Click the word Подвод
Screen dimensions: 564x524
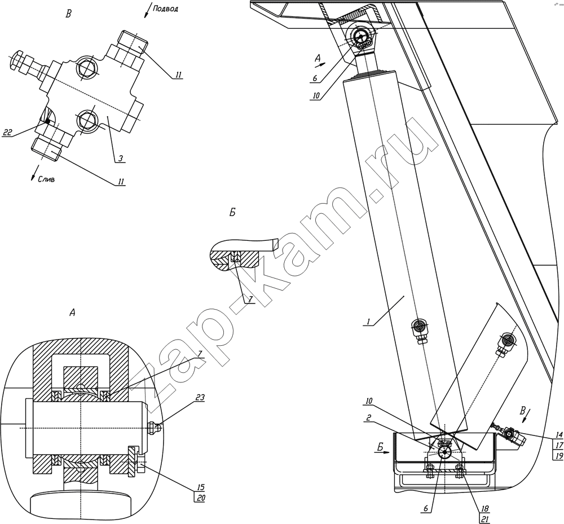pos(165,8)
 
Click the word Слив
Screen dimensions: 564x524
pos(46,179)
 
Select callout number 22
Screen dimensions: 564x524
pos(7,133)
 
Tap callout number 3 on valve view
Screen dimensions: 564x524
pos(121,158)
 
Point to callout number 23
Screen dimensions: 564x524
pos(200,398)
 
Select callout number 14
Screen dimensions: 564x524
pos(559,434)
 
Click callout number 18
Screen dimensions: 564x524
pos(485,509)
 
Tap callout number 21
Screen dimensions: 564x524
pos(485,518)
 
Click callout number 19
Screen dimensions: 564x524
pos(559,456)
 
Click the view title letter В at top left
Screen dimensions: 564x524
pos(68,15)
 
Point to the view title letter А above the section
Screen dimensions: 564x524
pos(72,313)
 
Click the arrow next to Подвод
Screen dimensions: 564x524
pos(147,11)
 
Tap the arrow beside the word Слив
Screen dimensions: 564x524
pos(34,173)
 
